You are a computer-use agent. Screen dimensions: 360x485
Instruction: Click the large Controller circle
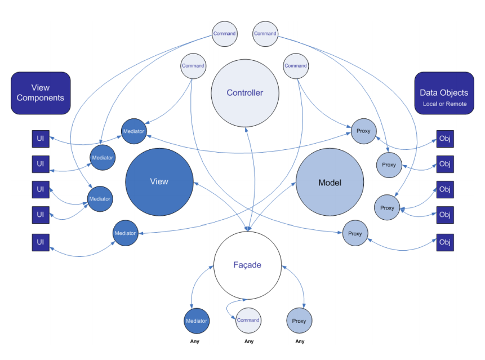245,93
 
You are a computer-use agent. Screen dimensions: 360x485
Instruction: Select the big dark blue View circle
159,181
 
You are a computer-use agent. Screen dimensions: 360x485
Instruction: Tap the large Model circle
330,183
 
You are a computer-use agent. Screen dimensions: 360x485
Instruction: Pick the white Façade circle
247,265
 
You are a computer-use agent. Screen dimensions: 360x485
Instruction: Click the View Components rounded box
41,92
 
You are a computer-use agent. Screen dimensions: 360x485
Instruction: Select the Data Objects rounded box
444,93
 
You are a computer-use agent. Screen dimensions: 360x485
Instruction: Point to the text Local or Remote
444,104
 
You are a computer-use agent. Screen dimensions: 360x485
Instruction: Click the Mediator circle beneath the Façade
197,321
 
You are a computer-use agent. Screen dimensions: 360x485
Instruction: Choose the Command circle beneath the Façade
248,321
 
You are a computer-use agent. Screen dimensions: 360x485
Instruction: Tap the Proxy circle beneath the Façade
299,321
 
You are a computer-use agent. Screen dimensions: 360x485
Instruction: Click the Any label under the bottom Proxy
300,341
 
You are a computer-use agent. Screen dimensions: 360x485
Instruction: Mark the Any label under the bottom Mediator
195,341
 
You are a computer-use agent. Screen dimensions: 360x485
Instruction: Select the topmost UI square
41,139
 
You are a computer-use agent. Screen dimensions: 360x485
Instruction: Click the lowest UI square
41,242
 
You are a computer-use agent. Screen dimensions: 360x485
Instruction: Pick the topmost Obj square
444,139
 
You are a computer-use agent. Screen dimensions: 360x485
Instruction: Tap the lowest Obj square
444,242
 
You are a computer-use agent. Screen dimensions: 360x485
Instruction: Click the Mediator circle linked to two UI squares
100,199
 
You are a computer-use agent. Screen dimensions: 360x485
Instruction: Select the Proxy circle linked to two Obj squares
387,208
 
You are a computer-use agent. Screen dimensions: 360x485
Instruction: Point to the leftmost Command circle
193,66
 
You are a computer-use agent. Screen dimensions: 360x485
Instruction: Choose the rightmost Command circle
296,66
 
